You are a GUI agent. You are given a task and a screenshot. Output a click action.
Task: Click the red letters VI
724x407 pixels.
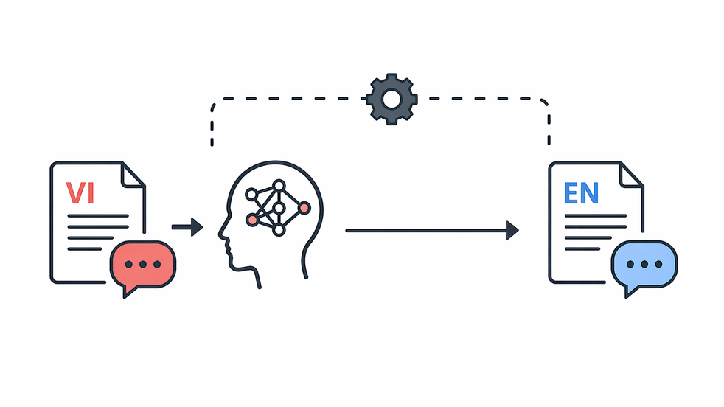80,193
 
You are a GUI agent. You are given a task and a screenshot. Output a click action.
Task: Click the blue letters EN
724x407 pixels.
581,193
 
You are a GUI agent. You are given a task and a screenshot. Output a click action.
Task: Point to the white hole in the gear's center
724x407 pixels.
391,100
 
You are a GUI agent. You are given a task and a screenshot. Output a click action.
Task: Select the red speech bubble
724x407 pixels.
143,268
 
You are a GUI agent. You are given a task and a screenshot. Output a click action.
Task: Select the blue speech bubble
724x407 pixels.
644,268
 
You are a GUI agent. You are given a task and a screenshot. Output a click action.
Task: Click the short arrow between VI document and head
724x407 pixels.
187,227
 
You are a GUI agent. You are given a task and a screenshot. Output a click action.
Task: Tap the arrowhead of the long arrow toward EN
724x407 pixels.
512,230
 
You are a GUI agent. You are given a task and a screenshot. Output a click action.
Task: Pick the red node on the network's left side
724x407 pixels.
252,220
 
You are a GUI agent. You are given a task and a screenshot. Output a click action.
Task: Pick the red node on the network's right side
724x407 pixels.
304,208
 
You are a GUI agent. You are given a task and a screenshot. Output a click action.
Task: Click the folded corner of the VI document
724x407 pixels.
133,175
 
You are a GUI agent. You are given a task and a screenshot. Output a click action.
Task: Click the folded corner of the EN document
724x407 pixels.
632,175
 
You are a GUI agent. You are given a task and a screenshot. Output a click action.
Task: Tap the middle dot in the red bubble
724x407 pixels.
143,264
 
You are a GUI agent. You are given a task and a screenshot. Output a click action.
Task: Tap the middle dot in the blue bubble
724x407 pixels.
644,264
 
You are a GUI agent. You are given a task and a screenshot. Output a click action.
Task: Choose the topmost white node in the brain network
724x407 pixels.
279,186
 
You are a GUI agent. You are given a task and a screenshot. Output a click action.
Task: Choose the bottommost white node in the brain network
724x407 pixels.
279,229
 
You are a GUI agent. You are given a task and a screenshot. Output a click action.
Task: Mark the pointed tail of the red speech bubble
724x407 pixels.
124,296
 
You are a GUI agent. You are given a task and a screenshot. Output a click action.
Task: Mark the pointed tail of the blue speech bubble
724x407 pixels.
627,296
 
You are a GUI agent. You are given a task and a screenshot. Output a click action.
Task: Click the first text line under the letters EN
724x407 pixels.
595,216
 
